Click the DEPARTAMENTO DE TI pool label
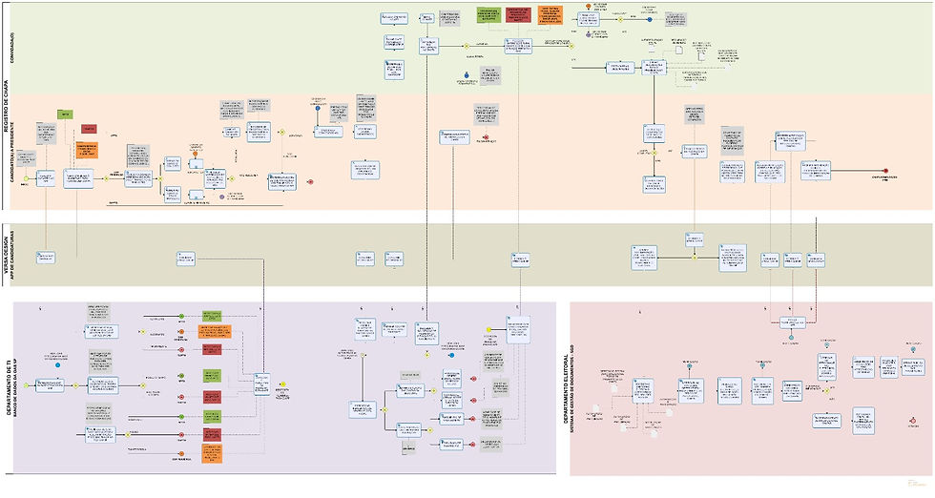tap(8, 386)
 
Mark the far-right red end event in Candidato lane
tap(886, 170)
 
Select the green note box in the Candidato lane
tap(65, 114)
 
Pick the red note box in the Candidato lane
tap(88, 128)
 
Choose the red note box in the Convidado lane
tap(519, 14)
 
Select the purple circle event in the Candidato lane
tap(221, 197)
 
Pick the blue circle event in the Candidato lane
tap(317, 108)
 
